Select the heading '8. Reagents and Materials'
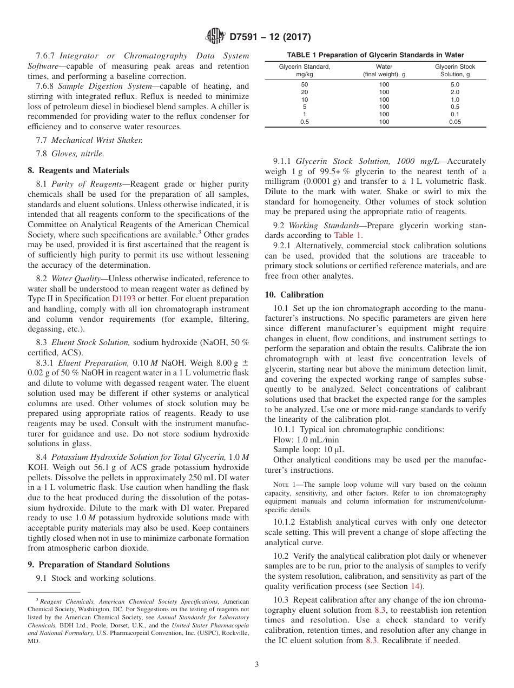pos(78,170)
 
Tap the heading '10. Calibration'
pos(294,295)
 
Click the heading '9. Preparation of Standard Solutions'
pos(98,564)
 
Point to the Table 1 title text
pos(375,55)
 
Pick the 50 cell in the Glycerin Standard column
pos(304,84)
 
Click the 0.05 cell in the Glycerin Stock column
pos(455,122)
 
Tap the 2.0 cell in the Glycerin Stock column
pos(455,92)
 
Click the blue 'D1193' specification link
pos(124,299)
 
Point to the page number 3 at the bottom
pos(256,665)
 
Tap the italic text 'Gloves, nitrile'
pos(77,154)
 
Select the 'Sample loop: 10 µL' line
pos(308,449)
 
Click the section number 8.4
pos(42,457)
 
